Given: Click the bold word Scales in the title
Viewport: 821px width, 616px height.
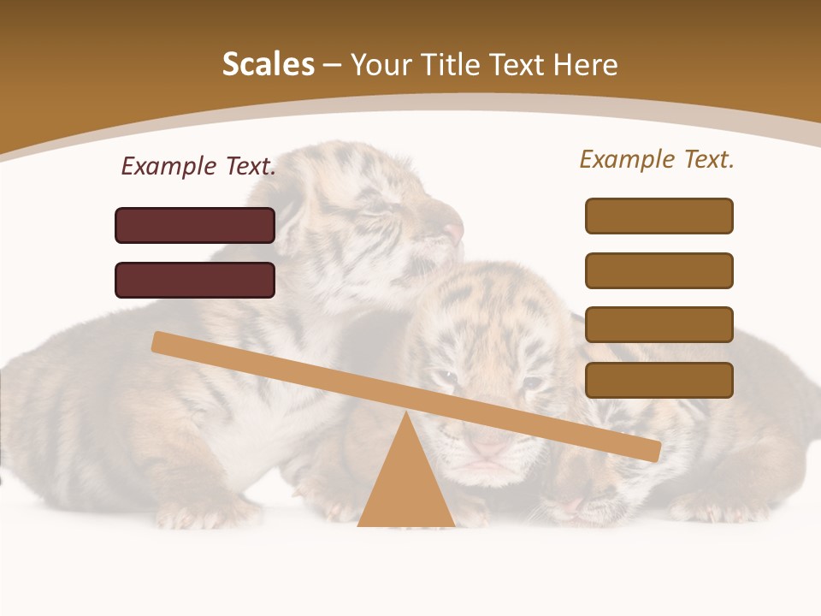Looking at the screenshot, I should tap(269, 64).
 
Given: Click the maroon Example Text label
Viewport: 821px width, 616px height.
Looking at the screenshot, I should tap(198, 166).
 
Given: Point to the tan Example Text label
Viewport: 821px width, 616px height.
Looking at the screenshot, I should tap(657, 159).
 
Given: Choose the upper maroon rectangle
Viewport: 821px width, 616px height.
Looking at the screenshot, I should tap(195, 225).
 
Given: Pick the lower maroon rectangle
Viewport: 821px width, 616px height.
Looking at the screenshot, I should tap(195, 280).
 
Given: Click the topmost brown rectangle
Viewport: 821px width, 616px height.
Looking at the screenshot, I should tap(659, 216).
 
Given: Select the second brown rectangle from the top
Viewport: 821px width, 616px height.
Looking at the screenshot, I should tap(659, 270).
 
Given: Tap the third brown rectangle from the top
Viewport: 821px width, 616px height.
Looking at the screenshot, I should tap(659, 324).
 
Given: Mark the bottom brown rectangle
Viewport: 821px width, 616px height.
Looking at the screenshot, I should tap(659, 380).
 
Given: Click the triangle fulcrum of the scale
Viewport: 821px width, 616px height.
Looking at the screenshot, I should tap(405, 488).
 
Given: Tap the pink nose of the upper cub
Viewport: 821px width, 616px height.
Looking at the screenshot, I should tap(453, 231).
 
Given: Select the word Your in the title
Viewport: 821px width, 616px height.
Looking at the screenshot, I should tap(383, 64).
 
